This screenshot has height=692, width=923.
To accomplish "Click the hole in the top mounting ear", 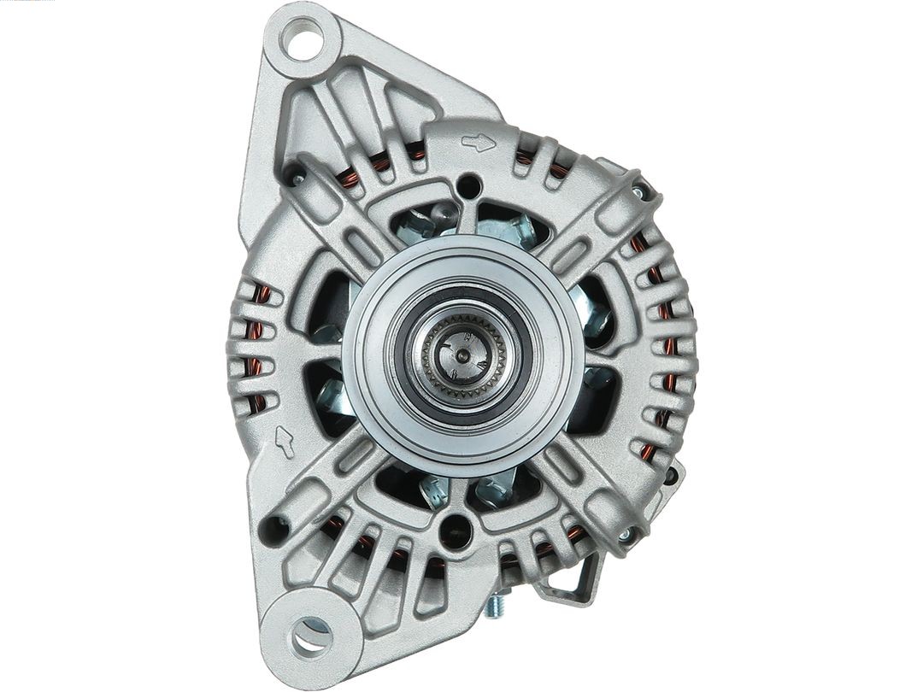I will tap(304, 40).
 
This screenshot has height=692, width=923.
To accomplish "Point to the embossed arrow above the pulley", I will tap(478, 142).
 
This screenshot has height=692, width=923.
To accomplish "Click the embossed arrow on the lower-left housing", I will tap(285, 440).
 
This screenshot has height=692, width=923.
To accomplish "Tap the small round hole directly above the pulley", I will tap(467, 183).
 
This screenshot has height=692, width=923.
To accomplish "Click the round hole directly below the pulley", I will tap(454, 531).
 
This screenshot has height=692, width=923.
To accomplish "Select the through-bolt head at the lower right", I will tap(626, 535).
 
